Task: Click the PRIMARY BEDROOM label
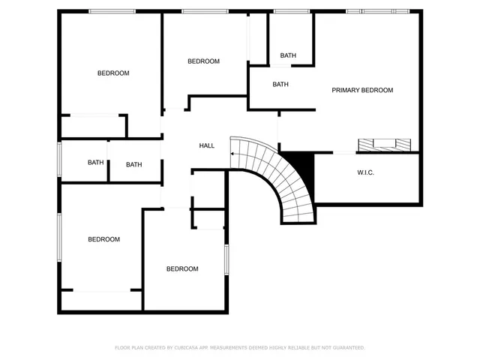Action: point(362,90)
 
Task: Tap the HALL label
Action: point(206,145)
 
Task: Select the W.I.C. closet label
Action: point(365,172)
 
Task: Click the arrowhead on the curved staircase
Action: point(232,154)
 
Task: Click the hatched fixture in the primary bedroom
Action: point(384,143)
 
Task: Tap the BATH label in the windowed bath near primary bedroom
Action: point(288,55)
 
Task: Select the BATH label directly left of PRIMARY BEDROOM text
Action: point(280,85)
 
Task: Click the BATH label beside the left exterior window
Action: point(95,163)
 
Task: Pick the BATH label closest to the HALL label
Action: point(133,165)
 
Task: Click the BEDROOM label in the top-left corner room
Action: point(113,73)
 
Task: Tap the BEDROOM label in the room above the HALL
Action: point(203,61)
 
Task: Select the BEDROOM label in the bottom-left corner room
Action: point(103,239)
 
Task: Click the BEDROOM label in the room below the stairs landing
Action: point(182,268)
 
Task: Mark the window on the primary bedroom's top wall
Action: point(377,11)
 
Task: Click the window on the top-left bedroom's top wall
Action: point(112,11)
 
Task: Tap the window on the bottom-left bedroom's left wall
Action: point(59,237)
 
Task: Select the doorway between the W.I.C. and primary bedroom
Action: point(343,153)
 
